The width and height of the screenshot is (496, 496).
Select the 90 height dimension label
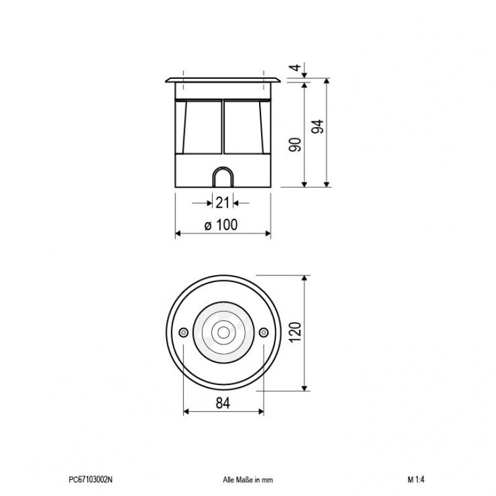point(296,145)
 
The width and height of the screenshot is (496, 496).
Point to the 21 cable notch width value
point(223,201)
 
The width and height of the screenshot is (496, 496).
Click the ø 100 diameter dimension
point(221,226)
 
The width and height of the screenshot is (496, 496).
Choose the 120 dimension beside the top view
point(295,334)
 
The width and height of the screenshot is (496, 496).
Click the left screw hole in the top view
point(183,333)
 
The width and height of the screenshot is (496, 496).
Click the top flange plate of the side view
point(223,81)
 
